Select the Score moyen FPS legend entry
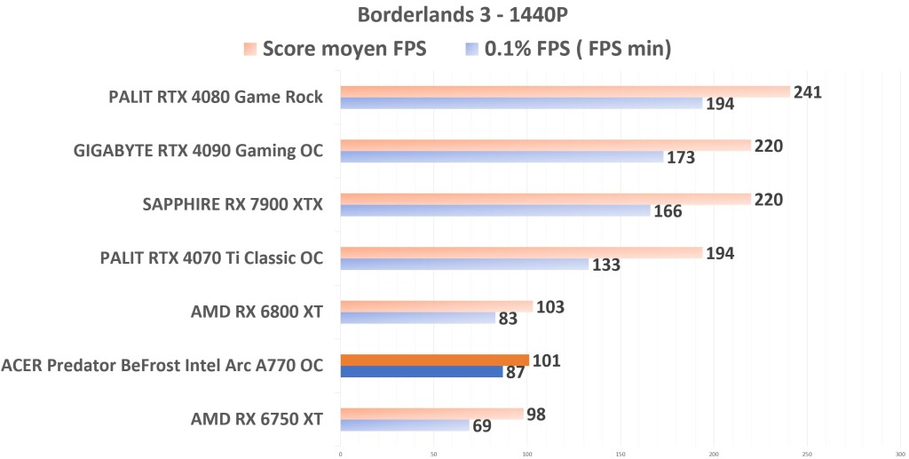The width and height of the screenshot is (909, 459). click(336, 49)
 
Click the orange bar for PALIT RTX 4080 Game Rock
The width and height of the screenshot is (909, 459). click(565, 91)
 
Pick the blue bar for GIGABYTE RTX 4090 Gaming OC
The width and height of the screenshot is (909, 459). click(502, 157)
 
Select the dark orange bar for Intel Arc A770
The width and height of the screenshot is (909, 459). click(434, 360)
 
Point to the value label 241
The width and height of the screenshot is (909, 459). click(808, 92)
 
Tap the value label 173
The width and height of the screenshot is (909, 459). click(681, 158)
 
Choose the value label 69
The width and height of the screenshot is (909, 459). click(482, 426)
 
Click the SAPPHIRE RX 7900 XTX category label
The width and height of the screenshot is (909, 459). click(233, 204)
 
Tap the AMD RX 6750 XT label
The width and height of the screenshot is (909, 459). click(257, 418)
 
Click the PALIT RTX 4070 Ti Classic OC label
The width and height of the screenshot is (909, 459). click(211, 257)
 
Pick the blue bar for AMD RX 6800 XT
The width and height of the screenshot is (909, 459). click(417, 318)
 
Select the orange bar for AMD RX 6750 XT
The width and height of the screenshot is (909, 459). click(431, 413)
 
